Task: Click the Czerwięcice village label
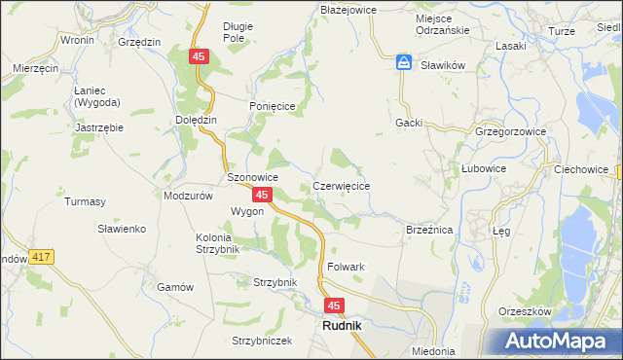tap(340, 186)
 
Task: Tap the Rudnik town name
tap(342, 327)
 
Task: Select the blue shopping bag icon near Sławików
tap(403, 63)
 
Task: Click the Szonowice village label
tap(253, 178)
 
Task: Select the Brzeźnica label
tap(429, 230)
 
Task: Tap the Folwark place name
tap(346, 267)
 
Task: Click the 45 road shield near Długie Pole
tap(199, 58)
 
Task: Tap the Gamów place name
tap(176, 287)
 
